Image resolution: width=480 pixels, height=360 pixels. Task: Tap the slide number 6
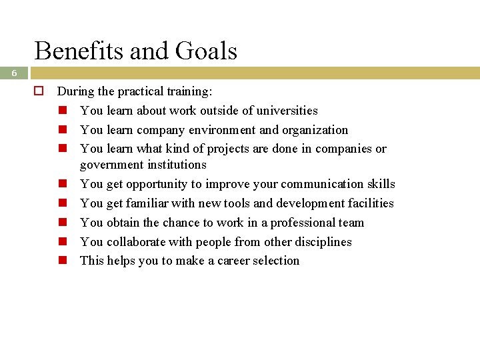pyautogui.click(x=13, y=74)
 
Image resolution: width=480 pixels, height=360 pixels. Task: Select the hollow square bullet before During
pyautogui.click(x=39, y=91)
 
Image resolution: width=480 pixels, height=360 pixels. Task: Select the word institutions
pyautogui.click(x=175, y=165)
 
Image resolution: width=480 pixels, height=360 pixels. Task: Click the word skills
pyautogui.click(x=381, y=184)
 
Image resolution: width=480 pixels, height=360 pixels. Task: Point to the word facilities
pyautogui.click(x=370, y=203)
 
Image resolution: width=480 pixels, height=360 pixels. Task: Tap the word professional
pyautogui.click(x=293, y=223)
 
